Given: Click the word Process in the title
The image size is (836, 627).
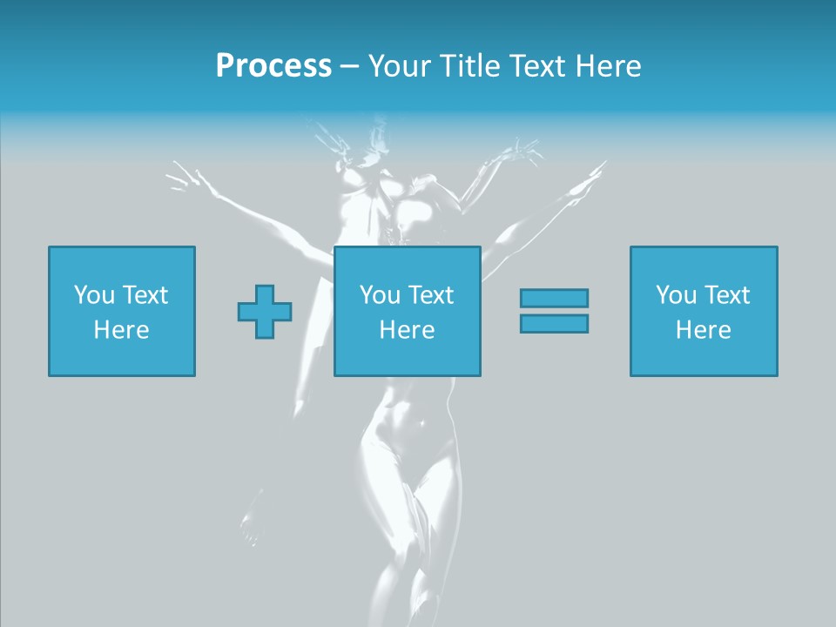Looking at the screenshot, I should [x=273, y=66].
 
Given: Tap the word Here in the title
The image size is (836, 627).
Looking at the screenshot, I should [x=608, y=66].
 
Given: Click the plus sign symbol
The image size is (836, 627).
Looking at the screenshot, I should [x=265, y=312].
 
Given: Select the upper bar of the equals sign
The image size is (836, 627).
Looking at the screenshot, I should [x=554, y=298].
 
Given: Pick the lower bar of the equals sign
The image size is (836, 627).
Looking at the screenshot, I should [x=554, y=323].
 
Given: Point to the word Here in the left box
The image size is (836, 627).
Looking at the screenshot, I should [x=122, y=330].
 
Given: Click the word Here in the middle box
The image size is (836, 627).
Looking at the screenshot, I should [x=408, y=330].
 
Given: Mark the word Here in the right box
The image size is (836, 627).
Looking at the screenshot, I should [x=704, y=330].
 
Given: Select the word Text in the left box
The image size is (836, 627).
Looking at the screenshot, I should [x=145, y=295].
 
